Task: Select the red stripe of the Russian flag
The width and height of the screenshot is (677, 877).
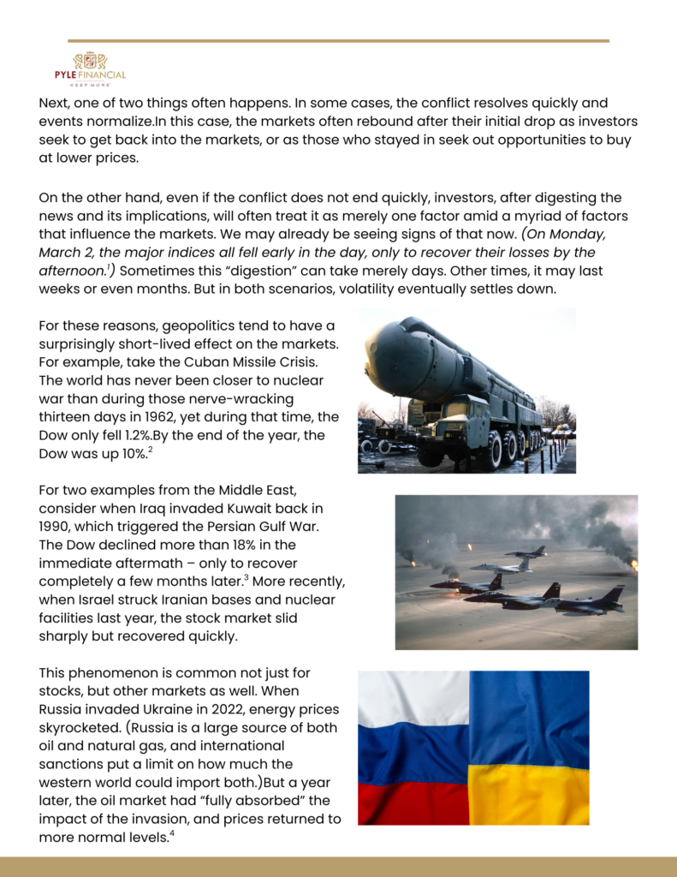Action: pos(413,802)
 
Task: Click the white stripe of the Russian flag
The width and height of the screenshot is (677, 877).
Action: pos(413,696)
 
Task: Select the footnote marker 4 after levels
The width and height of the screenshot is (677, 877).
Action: pos(172,833)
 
